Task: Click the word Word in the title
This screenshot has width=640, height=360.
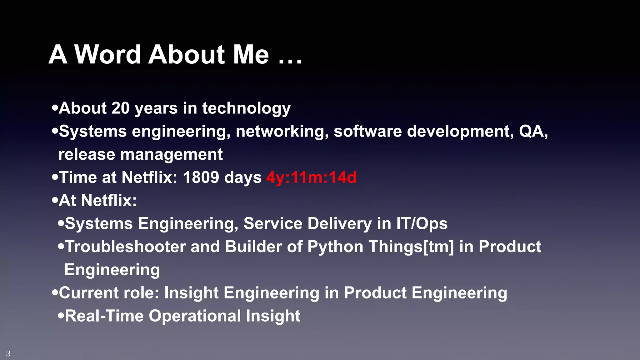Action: click(107, 55)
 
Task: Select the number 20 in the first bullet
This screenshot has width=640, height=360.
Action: click(120, 108)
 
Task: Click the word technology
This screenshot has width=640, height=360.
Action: click(246, 108)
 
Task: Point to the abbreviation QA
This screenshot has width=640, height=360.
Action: click(532, 131)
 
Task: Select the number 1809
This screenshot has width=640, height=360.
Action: click(201, 177)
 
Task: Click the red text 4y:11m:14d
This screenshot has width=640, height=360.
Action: click(311, 177)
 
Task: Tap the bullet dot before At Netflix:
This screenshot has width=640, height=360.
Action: click(55, 200)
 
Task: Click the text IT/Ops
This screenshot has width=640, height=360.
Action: click(422, 223)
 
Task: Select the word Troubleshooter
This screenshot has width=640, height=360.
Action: click(125, 247)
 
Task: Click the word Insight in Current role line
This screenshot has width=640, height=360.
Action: click(191, 293)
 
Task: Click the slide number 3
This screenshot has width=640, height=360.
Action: click(8, 353)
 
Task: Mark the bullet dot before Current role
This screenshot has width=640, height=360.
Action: click(55, 293)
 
